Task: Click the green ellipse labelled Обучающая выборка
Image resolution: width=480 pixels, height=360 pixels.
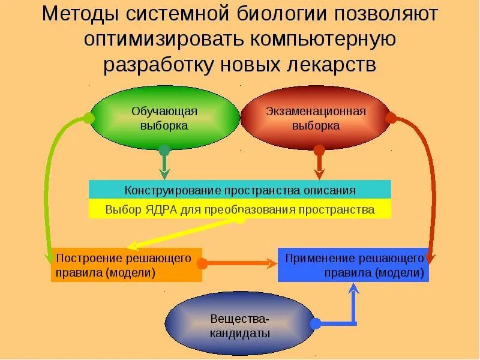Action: point(164,118)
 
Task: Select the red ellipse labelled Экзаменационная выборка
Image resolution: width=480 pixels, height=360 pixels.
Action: point(316,118)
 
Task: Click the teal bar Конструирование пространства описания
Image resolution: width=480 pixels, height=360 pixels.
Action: point(240,190)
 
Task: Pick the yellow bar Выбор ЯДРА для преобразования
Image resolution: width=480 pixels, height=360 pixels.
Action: point(240,209)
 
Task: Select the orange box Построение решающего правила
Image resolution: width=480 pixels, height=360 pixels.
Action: point(126,265)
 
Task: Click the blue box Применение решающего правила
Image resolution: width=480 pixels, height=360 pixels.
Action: point(353,265)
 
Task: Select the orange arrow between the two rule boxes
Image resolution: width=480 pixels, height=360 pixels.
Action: point(240,263)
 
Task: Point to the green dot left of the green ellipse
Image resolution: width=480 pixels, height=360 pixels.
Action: point(89,118)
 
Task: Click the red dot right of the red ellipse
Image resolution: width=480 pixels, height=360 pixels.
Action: point(391,118)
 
